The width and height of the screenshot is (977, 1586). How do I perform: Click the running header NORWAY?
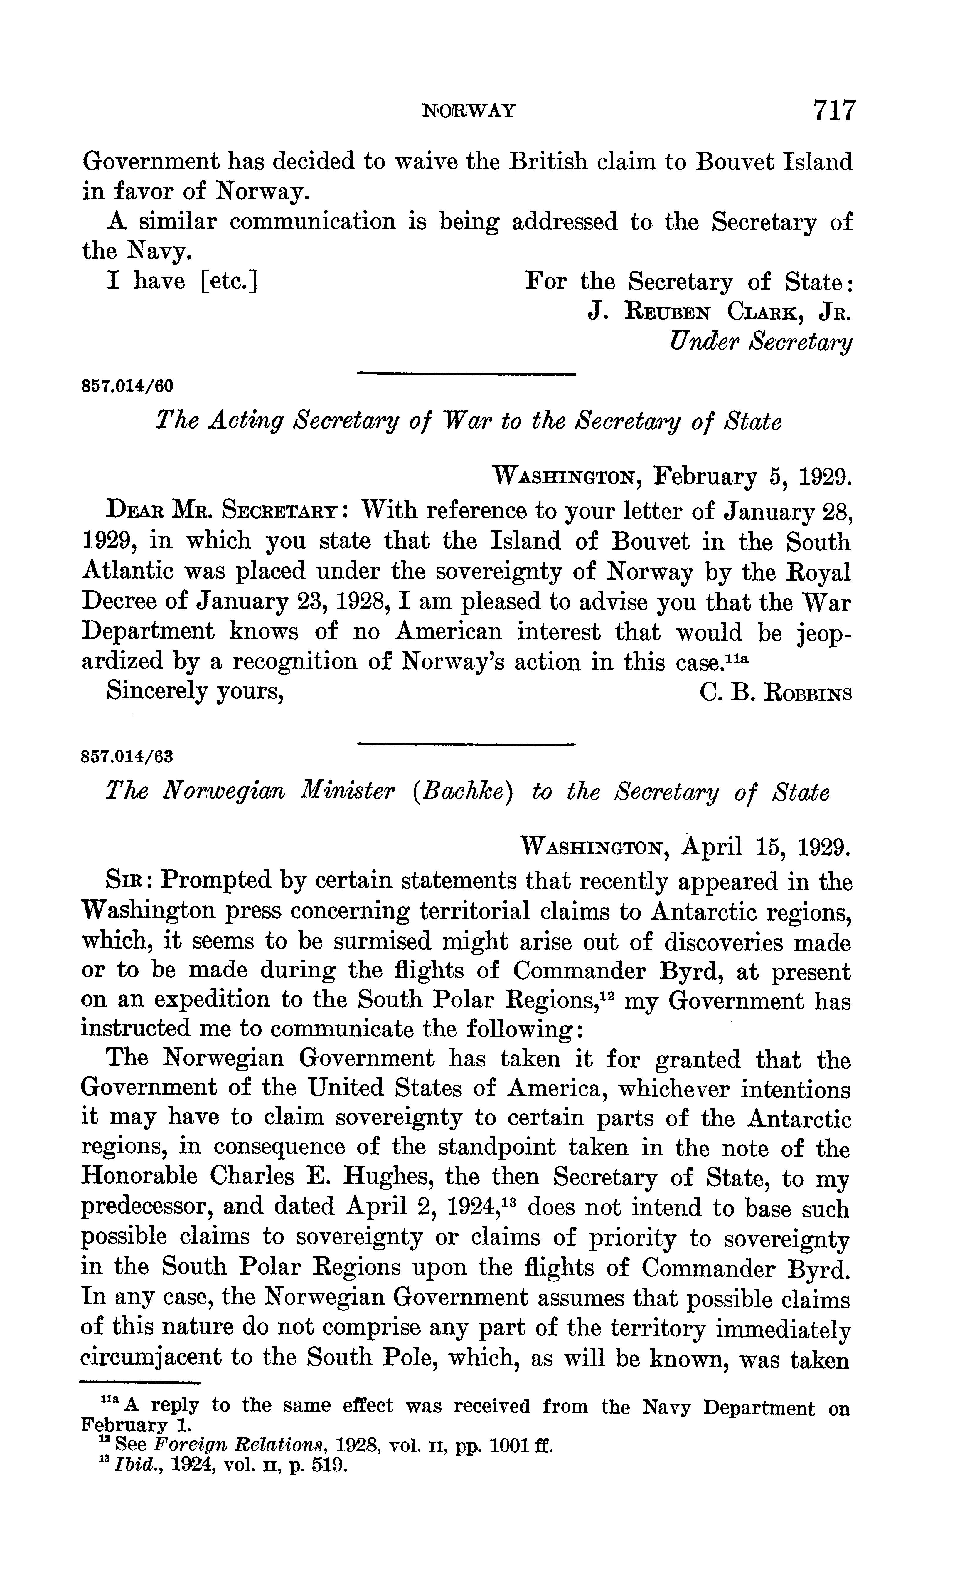[469, 111]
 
